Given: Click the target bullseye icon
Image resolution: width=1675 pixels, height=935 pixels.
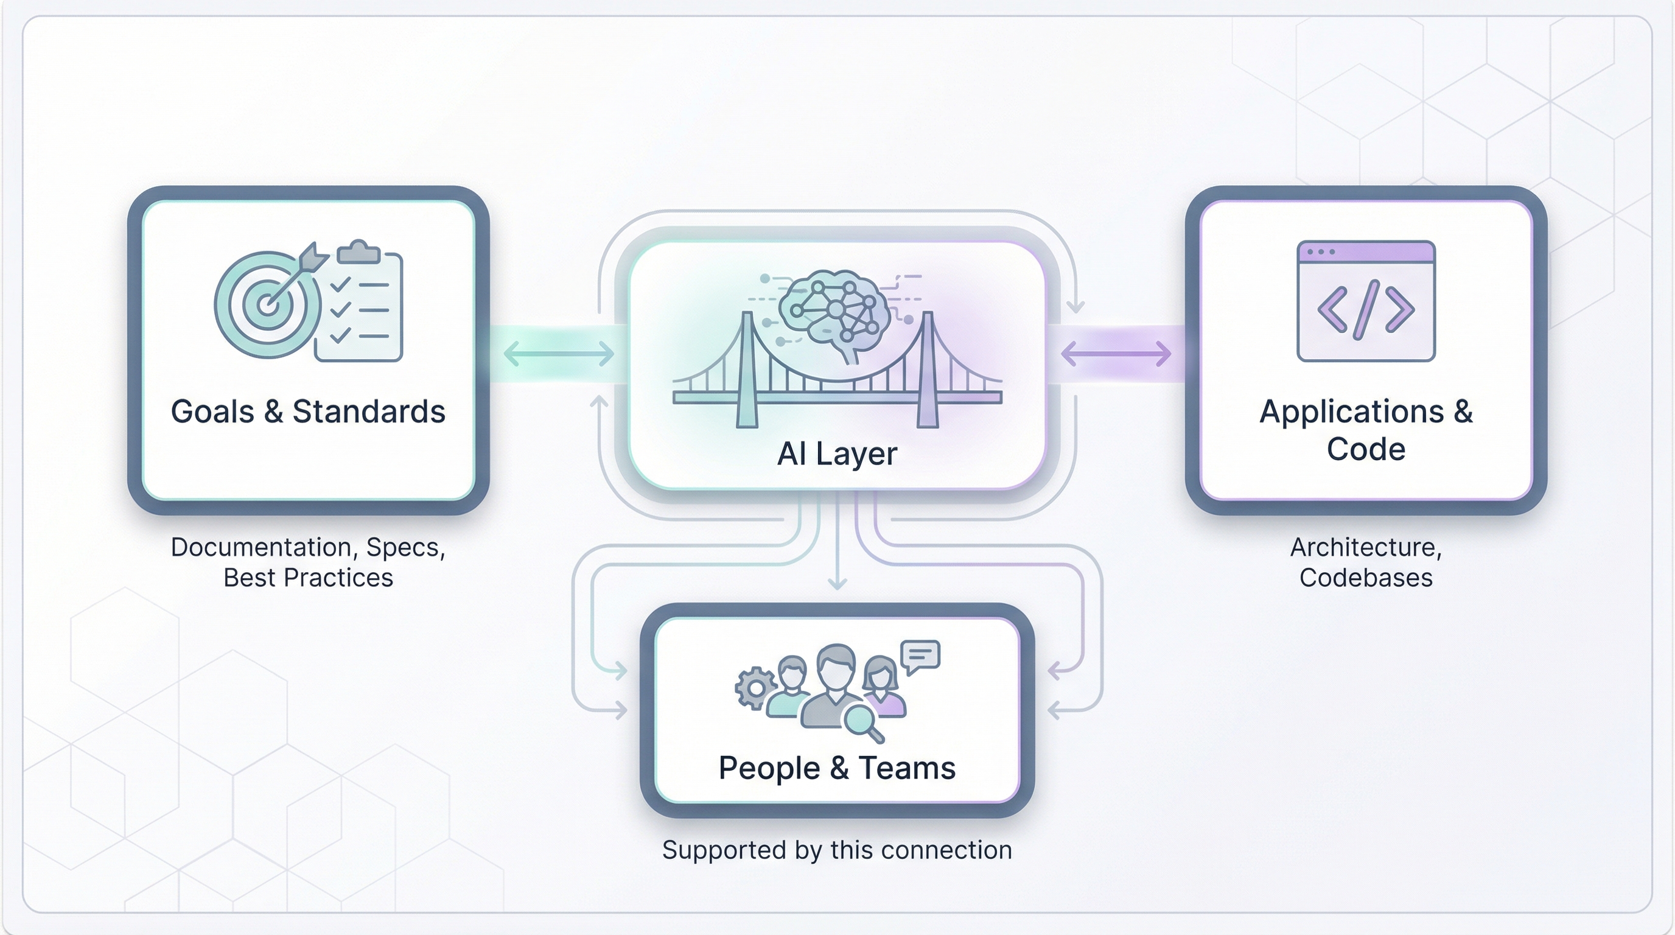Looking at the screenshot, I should coord(267,304).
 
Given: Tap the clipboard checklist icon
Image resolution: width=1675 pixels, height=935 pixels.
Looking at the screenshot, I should coord(359,306).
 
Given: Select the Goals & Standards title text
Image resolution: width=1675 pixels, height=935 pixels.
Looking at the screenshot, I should coord(307,411).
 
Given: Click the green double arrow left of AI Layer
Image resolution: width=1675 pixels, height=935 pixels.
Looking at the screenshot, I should coord(559,354).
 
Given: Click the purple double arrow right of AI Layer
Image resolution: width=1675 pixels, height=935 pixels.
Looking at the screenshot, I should coord(1116,354).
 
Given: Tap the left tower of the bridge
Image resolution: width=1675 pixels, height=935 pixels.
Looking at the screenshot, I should coord(747,371).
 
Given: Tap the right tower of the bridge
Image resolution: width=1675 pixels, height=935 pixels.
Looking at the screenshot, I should coord(928,371).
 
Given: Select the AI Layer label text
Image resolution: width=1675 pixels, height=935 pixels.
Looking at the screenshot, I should coord(837,454).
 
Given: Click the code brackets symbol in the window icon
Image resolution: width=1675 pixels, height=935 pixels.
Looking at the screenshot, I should coord(1365,309).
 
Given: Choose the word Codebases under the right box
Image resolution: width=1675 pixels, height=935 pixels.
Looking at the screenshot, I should coord(1365,578).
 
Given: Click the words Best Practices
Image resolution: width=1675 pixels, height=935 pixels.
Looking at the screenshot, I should coord(307,578).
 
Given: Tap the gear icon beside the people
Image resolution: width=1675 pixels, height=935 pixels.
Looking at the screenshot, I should coord(755,688).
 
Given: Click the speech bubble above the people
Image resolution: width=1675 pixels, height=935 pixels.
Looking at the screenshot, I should coord(920,656).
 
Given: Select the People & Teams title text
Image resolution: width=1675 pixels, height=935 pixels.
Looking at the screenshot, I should coord(837,768).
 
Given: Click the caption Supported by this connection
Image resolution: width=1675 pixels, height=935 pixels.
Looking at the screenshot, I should coord(837,850).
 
